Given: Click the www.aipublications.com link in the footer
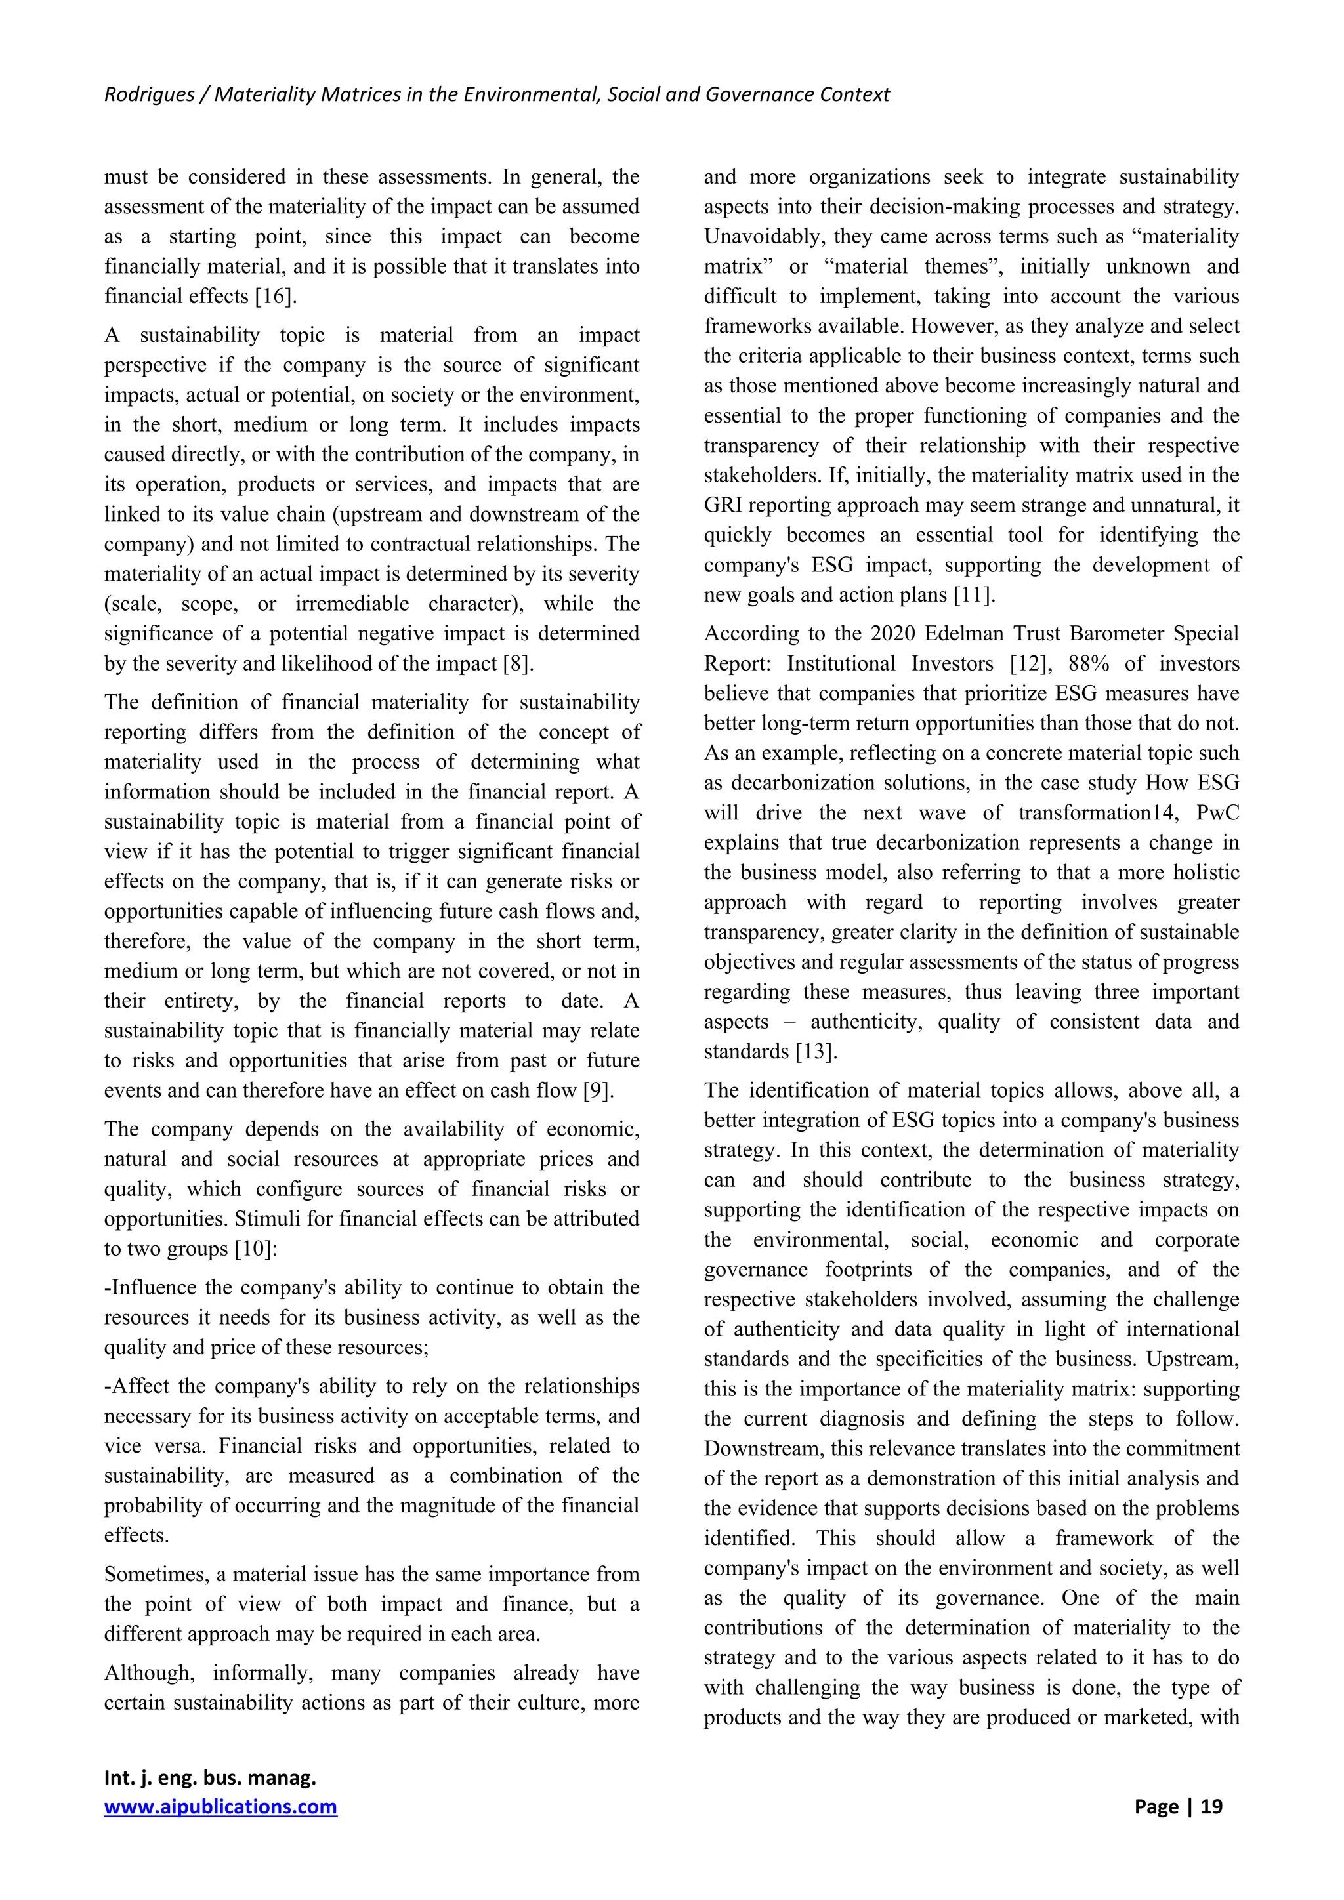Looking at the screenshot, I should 220,1806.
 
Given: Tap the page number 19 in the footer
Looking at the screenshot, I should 1211,1806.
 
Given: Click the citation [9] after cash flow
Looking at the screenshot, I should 598,1090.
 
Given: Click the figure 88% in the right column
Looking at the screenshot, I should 1091,664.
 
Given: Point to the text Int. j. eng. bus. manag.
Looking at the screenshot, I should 210,1777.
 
